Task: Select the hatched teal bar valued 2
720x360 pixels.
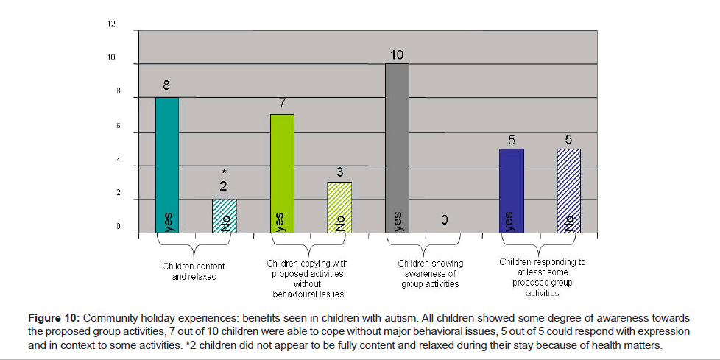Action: tap(224, 216)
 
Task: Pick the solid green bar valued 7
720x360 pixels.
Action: tap(282, 174)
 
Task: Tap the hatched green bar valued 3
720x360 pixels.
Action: tap(339, 207)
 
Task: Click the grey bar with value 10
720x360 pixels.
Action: tap(397, 148)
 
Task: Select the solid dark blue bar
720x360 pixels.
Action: tap(512, 191)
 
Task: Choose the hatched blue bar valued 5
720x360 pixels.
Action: tap(568, 191)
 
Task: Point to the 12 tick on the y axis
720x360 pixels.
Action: tap(112, 24)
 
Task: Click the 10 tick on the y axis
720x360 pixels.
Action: tap(112, 58)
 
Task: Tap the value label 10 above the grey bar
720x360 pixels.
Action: tap(397, 55)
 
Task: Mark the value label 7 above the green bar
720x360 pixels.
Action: tap(282, 104)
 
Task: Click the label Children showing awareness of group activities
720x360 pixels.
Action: tap(430, 273)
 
